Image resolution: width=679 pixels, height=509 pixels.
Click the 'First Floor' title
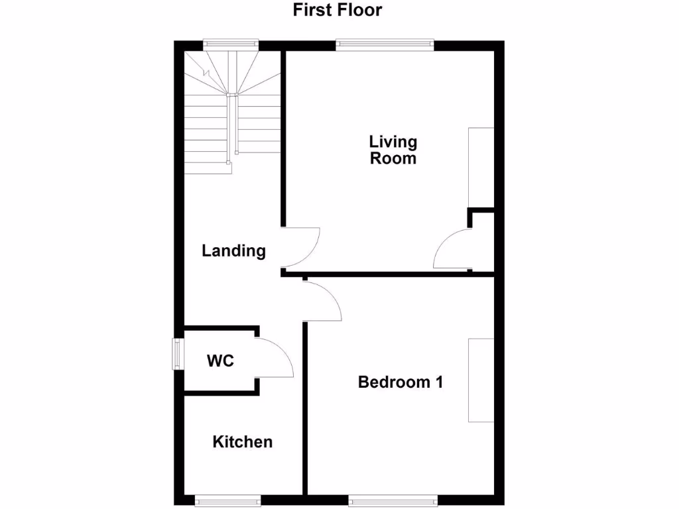coord(338,10)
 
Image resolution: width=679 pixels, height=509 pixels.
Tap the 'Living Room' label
coord(393,150)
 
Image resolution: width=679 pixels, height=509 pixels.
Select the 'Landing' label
coord(233,251)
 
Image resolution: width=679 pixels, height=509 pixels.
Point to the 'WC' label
coord(220,361)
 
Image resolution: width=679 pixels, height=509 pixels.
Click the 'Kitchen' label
coord(242,442)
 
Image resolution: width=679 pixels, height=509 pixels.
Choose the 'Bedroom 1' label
coord(401,382)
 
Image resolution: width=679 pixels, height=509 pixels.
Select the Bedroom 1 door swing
coord(322,302)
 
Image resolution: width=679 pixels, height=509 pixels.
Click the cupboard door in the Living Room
coord(451,249)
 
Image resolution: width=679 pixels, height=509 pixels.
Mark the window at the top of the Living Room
coord(385,45)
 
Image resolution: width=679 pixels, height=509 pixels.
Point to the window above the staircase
coord(230,44)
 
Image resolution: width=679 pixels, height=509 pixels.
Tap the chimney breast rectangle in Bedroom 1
coord(481,380)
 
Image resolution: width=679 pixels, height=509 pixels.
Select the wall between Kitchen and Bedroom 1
coord(306,411)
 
